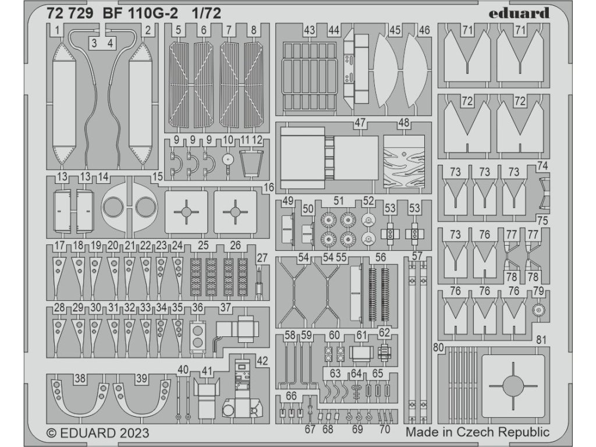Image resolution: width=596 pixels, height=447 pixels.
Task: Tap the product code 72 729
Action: (69, 14)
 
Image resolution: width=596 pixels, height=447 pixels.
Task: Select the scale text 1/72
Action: (203, 14)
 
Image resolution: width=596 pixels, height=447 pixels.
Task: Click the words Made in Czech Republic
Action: (477, 432)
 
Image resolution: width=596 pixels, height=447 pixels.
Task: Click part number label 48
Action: (403, 123)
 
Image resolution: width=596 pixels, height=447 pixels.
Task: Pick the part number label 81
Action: (542, 340)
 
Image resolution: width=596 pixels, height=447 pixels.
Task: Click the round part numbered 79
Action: (538, 310)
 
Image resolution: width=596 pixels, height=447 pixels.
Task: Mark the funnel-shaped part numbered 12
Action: (251, 160)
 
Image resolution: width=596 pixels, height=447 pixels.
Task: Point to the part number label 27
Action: (262, 258)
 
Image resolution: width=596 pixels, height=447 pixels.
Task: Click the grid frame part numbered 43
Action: (308, 76)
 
